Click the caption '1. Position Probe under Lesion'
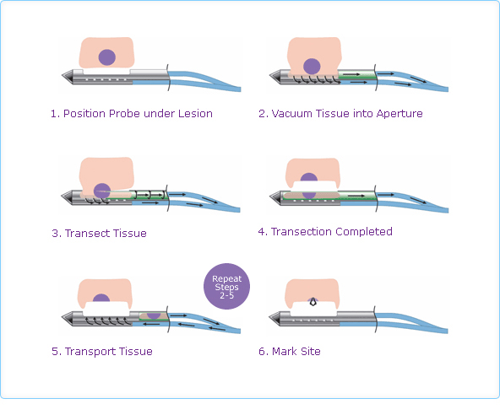click(x=131, y=114)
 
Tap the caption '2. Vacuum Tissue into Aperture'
click(x=340, y=113)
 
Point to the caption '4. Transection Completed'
click(x=325, y=231)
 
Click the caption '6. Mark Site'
click(x=290, y=350)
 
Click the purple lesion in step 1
click(x=106, y=57)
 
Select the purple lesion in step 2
click(x=312, y=65)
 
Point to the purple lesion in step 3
click(x=103, y=191)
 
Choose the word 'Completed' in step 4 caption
click(x=364, y=231)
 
